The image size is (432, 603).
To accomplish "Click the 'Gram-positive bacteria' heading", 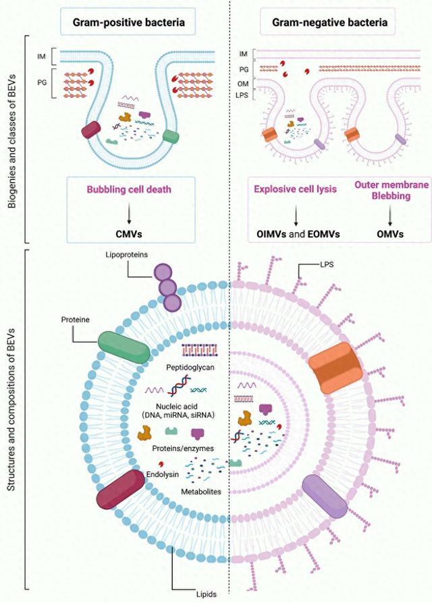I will [x=128, y=22].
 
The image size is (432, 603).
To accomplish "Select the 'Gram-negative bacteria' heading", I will [x=329, y=22].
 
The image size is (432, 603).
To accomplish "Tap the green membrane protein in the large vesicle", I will [x=124, y=347].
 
